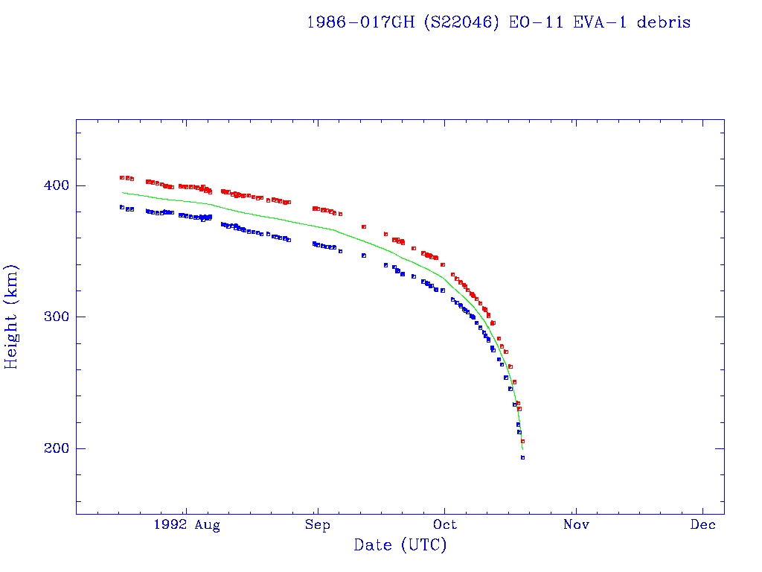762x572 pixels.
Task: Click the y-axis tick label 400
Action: coord(51,185)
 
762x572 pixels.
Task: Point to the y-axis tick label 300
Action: coord(51,317)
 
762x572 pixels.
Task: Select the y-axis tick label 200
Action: coord(51,448)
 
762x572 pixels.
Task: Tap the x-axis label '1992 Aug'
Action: coord(187,525)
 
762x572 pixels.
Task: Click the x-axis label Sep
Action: coord(317,525)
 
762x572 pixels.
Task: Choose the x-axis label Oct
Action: coord(445,525)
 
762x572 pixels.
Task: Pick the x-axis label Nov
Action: coord(576,525)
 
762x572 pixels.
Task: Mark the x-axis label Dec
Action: coord(703,525)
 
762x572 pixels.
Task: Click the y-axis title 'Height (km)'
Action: coord(12,317)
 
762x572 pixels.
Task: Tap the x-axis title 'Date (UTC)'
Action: coord(400,545)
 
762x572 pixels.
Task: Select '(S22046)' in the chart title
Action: coord(461,22)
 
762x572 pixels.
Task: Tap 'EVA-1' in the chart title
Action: coord(596,22)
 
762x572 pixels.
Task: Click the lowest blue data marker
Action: coord(522,457)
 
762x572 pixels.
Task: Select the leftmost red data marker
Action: coord(121,177)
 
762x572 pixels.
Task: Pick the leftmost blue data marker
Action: coord(121,207)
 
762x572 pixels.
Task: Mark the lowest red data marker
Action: coord(522,441)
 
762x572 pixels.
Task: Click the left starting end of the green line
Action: coord(122,192)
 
